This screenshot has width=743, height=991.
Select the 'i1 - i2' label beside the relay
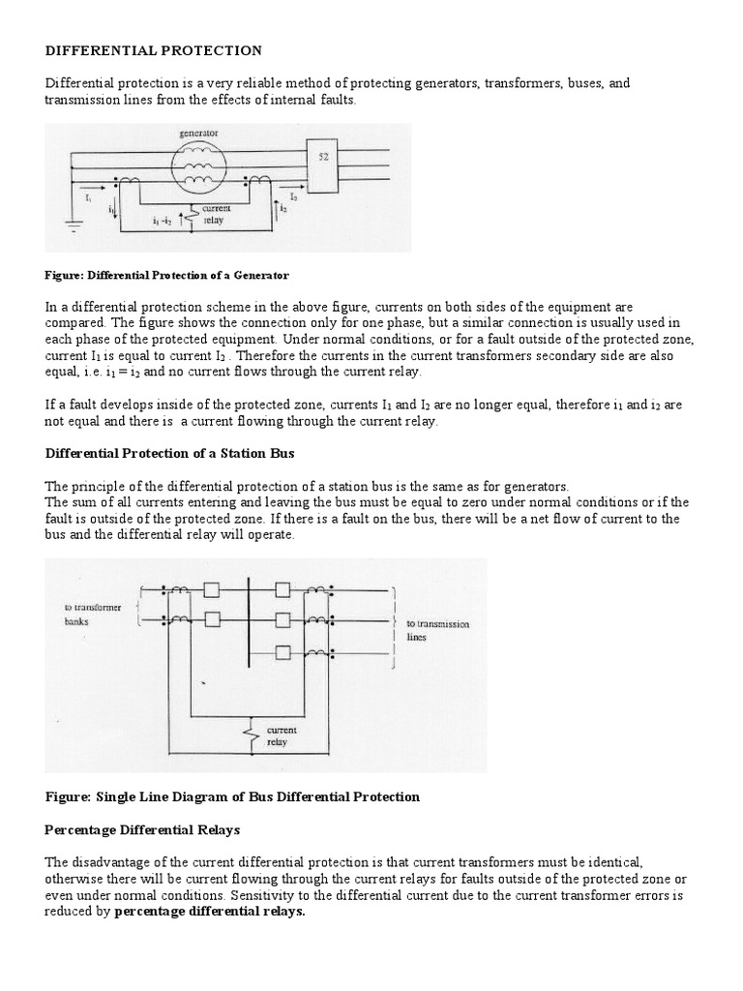click(163, 221)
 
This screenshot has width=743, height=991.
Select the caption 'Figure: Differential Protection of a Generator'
click(166, 276)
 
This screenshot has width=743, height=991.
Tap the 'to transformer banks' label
click(88, 615)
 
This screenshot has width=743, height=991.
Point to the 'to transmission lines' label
click(436, 631)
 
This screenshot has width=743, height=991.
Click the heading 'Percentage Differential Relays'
click(142, 830)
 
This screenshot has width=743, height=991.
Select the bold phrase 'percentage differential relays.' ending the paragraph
click(209, 912)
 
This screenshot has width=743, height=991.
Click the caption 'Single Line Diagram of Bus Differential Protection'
click(232, 796)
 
